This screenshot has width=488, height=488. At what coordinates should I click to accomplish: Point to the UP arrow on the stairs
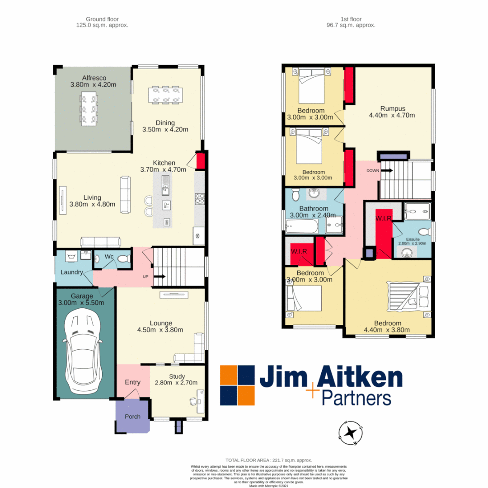pos(160,277)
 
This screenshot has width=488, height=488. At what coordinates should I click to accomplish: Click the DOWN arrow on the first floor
pos(386,171)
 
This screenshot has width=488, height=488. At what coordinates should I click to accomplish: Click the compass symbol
pos(350,432)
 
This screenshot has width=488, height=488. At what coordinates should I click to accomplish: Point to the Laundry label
pos(71,272)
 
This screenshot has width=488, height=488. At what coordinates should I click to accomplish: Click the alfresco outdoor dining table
pos(89,109)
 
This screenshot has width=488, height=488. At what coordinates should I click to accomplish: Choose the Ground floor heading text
pos(102,23)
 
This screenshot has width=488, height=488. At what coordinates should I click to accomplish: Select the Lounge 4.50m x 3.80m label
pos(161,326)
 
